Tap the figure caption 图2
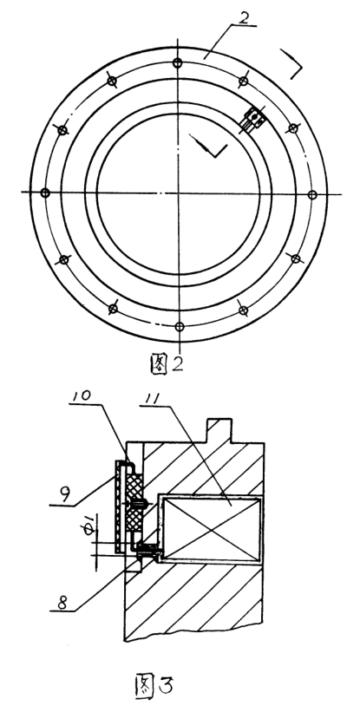pos(167,363)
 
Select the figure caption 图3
pos(154,687)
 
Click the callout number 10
pos(81,397)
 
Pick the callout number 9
pos(65,493)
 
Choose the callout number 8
pos(62,602)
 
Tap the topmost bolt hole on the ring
pos(178,63)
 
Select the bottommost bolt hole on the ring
pos(180,326)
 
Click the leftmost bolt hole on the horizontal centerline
pos(44,193)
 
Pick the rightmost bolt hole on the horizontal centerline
pos(312,195)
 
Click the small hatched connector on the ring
pos(253,119)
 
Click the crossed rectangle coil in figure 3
pos(210,530)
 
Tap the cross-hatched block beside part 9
pos(135,500)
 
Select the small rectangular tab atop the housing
pos(219,430)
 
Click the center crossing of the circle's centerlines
pos(179,193)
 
